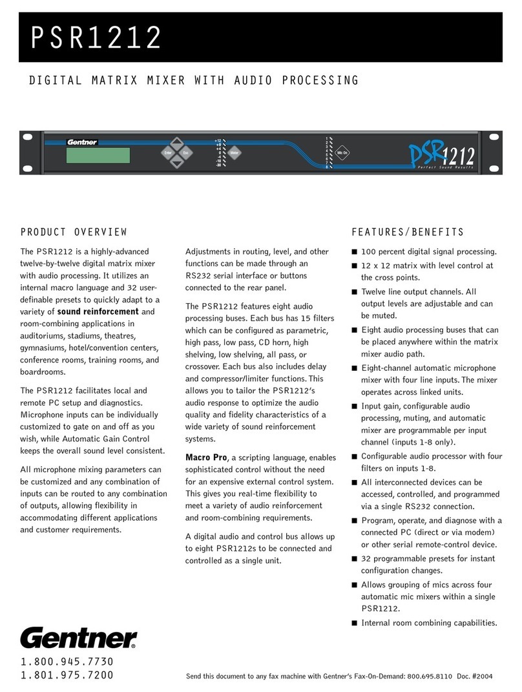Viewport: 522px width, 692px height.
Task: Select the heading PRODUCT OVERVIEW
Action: [x=74, y=232]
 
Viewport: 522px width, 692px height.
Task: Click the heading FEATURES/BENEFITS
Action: [x=408, y=232]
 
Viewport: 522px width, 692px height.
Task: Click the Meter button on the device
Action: [x=235, y=154]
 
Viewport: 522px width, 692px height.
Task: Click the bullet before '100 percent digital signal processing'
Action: [x=353, y=251]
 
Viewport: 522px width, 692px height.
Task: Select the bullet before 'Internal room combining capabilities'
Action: [x=353, y=624]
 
